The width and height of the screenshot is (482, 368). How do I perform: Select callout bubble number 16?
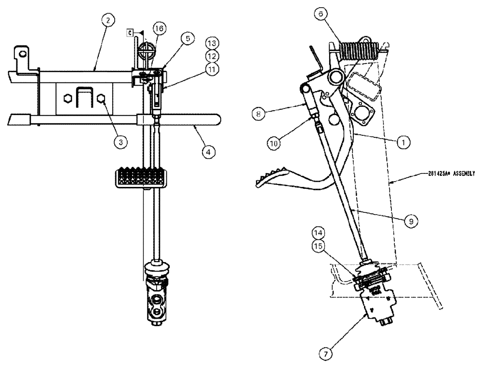point(160,29)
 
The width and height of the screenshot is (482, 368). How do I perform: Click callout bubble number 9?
point(411,220)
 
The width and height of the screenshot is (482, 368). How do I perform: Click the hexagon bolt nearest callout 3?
point(102,98)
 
